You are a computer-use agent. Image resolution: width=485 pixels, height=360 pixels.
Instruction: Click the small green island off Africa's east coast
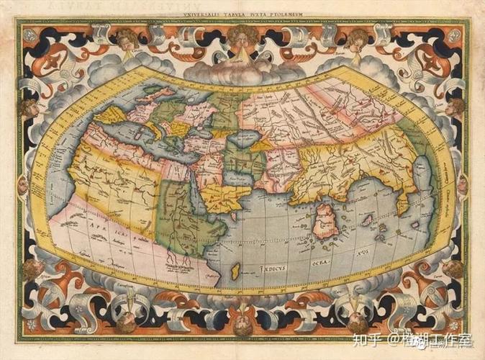[x=235, y=271]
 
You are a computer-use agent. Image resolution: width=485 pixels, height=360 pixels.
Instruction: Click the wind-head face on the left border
[x=30, y=108]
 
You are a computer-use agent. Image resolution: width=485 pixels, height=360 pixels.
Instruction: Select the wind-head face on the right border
[x=455, y=108]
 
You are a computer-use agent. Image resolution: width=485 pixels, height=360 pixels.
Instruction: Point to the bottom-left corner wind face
[x=33, y=270]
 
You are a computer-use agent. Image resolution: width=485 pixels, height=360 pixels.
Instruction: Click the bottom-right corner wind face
[x=452, y=270]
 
